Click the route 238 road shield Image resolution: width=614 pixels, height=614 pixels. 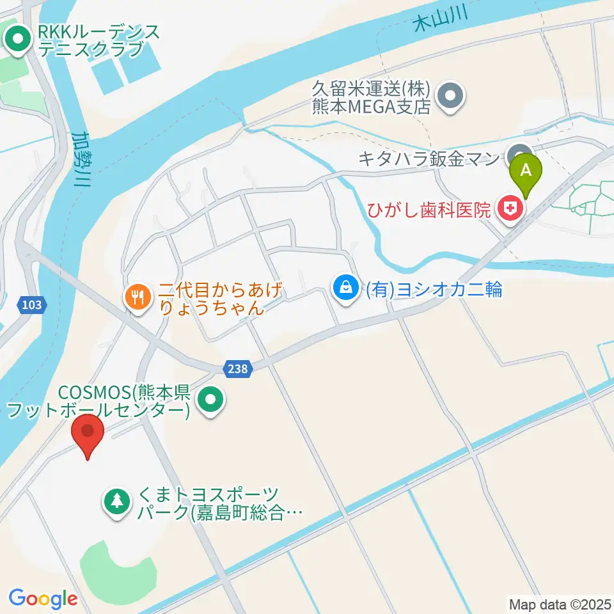[x=239, y=368]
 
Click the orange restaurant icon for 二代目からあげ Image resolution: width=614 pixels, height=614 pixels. [x=138, y=296]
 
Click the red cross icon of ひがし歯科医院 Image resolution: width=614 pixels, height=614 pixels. [x=510, y=209]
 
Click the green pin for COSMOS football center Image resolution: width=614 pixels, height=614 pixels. [x=212, y=401]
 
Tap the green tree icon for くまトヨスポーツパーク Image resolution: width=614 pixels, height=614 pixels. [x=116, y=500]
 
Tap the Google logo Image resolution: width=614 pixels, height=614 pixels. [x=43, y=598]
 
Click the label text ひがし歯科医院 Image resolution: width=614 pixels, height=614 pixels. [x=429, y=209]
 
